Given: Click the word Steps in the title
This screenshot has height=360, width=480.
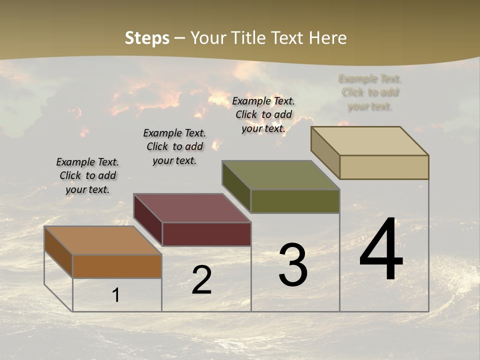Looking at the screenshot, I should [x=147, y=38].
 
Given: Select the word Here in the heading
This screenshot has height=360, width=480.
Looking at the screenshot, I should [x=327, y=38].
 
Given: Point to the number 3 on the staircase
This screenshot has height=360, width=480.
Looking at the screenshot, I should [x=293, y=265].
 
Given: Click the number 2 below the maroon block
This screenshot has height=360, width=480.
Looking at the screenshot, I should [x=201, y=280].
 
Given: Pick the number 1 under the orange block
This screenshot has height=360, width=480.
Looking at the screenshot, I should [x=116, y=295].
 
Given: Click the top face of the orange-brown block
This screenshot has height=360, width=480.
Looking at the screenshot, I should [x=103, y=240].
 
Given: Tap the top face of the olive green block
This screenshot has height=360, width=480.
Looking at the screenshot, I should [x=281, y=175].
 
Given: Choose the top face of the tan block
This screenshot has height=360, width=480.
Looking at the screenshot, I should [x=370, y=141].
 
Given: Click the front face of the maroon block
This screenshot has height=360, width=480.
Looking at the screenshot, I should [x=207, y=234].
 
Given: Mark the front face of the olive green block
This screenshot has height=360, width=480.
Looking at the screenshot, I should [x=295, y=201].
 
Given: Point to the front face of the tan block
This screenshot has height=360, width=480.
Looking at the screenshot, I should [x=384, y=167].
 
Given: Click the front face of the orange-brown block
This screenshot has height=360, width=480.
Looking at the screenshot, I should [x=117, y=266].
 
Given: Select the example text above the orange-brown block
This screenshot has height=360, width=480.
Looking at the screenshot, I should [x=87, y=175].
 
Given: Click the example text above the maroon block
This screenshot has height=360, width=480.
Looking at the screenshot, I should [x=174, y=146].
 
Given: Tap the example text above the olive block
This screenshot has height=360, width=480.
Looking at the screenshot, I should [x=263, y=114].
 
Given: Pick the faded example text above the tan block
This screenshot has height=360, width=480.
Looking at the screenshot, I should [x=370, y=92].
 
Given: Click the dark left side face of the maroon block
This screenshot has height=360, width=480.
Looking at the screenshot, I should [x=148, y=220].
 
